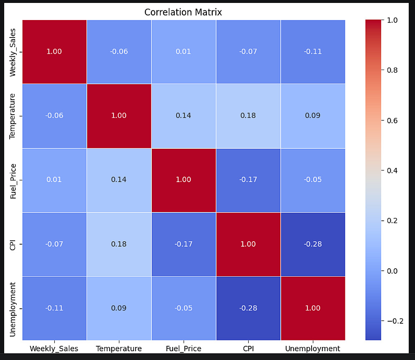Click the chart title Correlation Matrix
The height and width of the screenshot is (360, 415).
click(183, 12)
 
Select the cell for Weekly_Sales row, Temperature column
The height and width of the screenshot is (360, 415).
click(119, 52)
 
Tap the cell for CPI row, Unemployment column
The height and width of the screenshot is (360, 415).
click(313, 244)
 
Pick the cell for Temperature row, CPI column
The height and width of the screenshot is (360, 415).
click(248, 115)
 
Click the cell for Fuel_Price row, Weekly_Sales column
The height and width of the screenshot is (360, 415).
click(54, 180)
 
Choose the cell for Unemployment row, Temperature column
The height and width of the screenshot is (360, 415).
click(119, 308)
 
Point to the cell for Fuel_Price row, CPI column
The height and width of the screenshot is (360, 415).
click(248, 180)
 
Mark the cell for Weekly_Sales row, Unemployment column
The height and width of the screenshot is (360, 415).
click(313, 52)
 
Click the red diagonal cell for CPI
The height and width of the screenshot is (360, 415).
click(248, 244)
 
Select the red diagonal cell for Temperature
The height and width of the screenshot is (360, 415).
click(119, 115)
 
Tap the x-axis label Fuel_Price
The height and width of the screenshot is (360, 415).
click(184, 348)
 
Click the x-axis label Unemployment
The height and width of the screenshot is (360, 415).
click(313, 348)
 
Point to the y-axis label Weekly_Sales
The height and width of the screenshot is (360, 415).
click(13, 52)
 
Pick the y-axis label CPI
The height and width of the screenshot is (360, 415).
click(13, 244)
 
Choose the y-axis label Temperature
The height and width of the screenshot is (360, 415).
click(13, 115)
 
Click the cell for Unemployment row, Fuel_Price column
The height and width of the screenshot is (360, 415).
click(184, 308)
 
